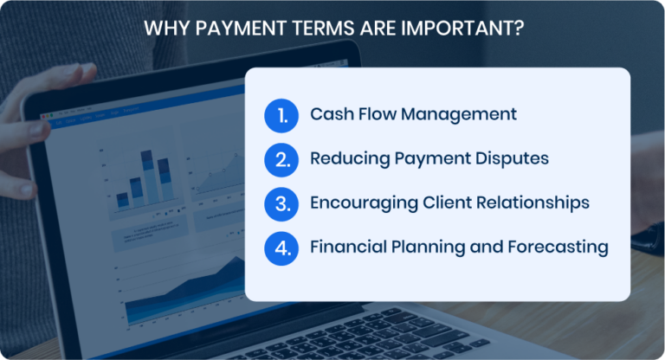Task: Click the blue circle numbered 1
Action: pyautogui.click(x=281, y=115)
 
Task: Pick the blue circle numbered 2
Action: pyautogui.click(x=281, y=159)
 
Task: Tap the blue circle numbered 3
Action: pyautogui.click(x=281, y=203)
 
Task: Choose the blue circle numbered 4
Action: pyautogui.click(x=281, y=247)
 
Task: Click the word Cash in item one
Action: pyautogui.click(x=331, y=114)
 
